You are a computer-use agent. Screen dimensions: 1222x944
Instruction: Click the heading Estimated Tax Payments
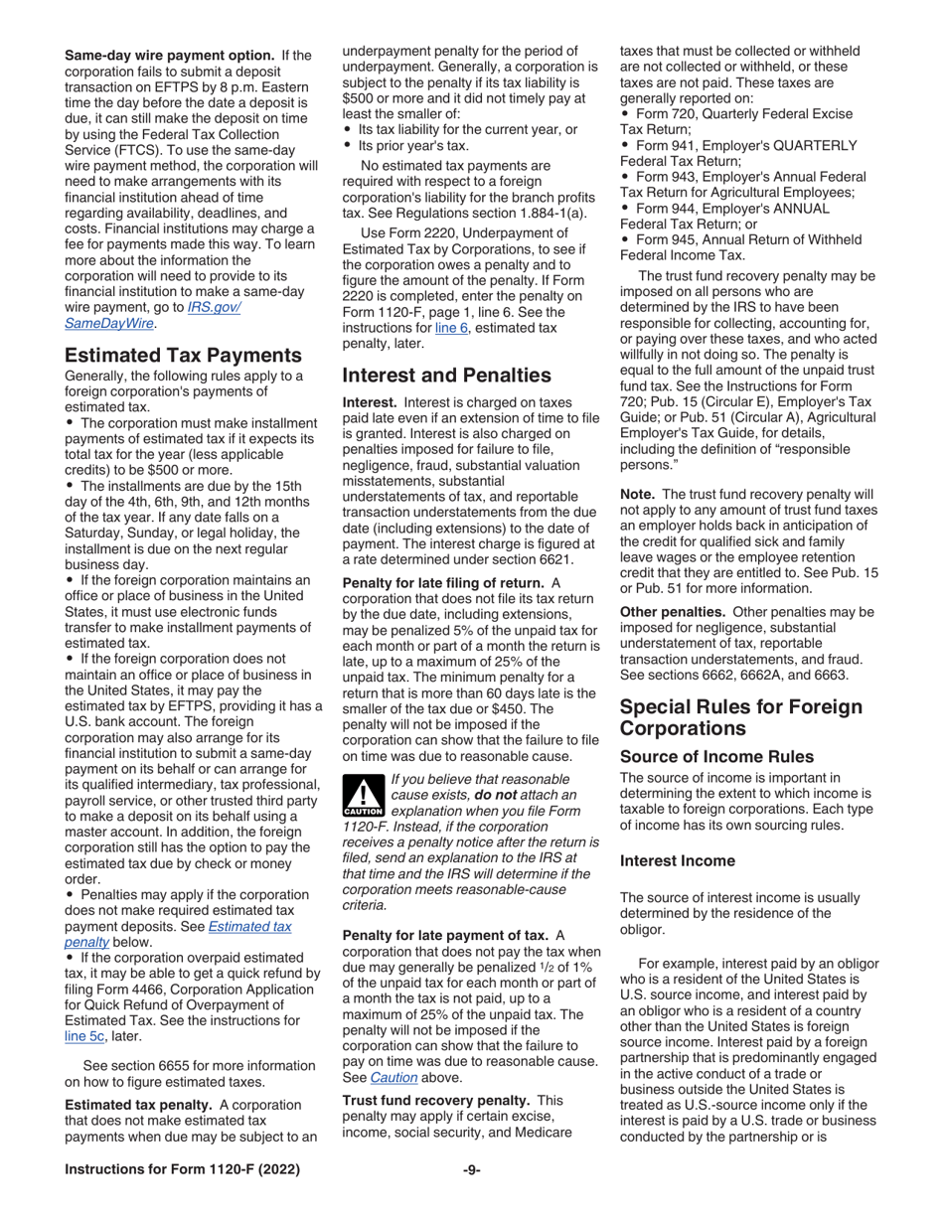coord(183,356)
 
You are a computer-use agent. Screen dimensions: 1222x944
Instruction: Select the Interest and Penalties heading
coord(446,376)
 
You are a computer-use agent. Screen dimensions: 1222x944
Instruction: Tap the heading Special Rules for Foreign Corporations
coord(740,718)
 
